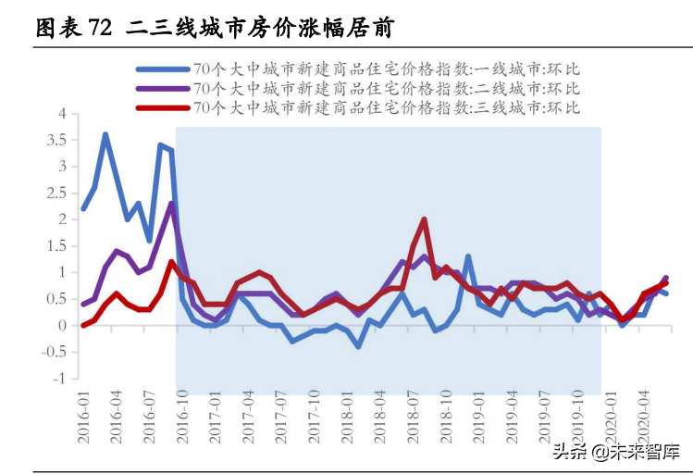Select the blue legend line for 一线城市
(x=163, y=69)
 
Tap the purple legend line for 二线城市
(x=163, y=88)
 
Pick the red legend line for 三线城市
(x=163, y=107)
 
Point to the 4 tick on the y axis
(x=64, y=114)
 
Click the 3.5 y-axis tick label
(x=58, y=141)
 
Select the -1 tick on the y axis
(x=61, y=379)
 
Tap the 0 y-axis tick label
(x=64, y=326)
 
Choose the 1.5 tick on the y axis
(x=58, y=246)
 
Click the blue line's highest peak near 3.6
(x=105, y=134)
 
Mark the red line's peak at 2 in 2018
(x=424, y=219)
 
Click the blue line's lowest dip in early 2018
(x=357, y=346)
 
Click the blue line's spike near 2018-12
(x=468, y=256)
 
